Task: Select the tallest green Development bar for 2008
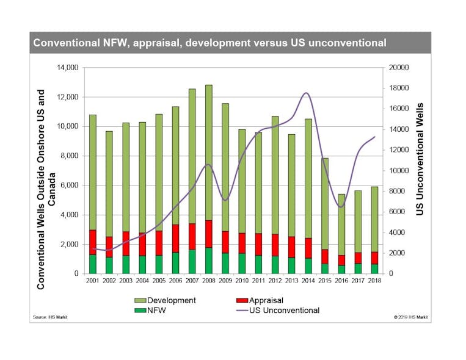(x=208, y=153)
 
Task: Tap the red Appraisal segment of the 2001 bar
(x=93, y=242)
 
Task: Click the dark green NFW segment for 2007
(x=192, y=261)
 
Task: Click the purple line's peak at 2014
(x=307, y=93)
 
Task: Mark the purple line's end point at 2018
(x=374, y=137)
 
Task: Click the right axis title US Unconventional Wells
(x=420, y=159)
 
